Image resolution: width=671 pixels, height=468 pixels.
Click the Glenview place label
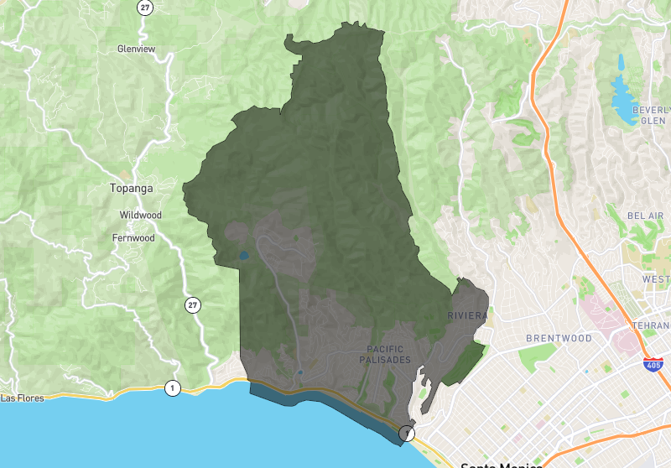[136, 49]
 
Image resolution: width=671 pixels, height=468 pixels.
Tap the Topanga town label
[132, 188]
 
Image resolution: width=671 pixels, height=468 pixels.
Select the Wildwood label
[140, 215]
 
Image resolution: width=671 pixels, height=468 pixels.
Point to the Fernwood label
[133, 237]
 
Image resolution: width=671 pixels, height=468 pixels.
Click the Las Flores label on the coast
[20, 398]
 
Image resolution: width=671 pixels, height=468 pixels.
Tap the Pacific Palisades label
[389, 354]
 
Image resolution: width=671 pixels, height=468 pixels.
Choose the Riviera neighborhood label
[466, 315]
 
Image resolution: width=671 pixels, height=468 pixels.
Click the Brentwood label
[559, 338]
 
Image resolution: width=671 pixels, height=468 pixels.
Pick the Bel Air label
[645, 216]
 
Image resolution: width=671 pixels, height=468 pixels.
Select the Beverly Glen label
[651, 115]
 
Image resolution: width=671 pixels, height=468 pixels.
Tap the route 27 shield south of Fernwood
[194, 305]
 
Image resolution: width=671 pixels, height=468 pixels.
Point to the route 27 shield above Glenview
[146, 7]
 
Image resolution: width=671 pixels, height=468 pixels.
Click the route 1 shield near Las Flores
[173, 387]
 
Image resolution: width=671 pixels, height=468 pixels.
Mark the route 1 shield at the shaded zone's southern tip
[407, 433]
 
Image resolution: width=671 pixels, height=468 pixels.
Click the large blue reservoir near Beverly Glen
[624, 96]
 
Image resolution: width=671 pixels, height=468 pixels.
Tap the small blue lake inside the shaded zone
[243, 255]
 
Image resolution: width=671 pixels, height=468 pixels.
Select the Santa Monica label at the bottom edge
[502, 463]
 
